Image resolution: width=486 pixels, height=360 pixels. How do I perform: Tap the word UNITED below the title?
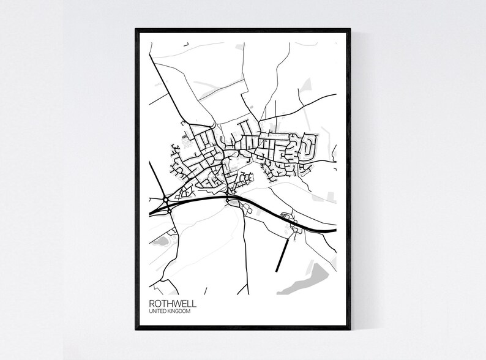(x=157, y=312)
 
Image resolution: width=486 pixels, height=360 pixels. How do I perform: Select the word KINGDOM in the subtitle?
(x=179, y=312)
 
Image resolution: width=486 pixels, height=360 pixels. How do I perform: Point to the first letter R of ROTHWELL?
(x=151, y=303)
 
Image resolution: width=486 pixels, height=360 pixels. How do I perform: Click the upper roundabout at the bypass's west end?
(x=166, y=198)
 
